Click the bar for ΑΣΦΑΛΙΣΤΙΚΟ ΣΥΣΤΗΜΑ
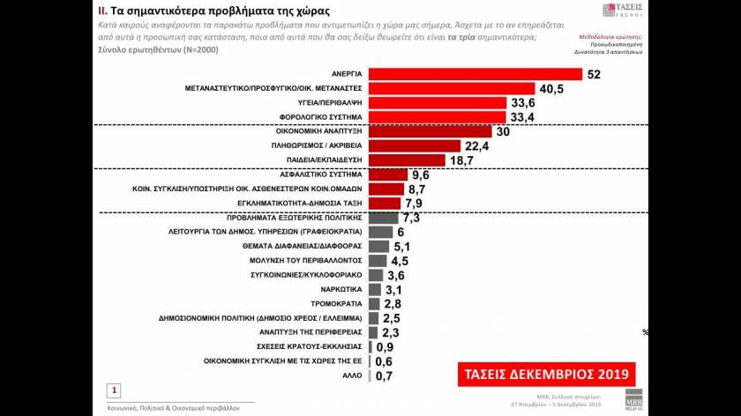click(387, 175)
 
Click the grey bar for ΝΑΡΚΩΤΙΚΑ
click(373, 289)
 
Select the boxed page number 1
click(115, 389)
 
